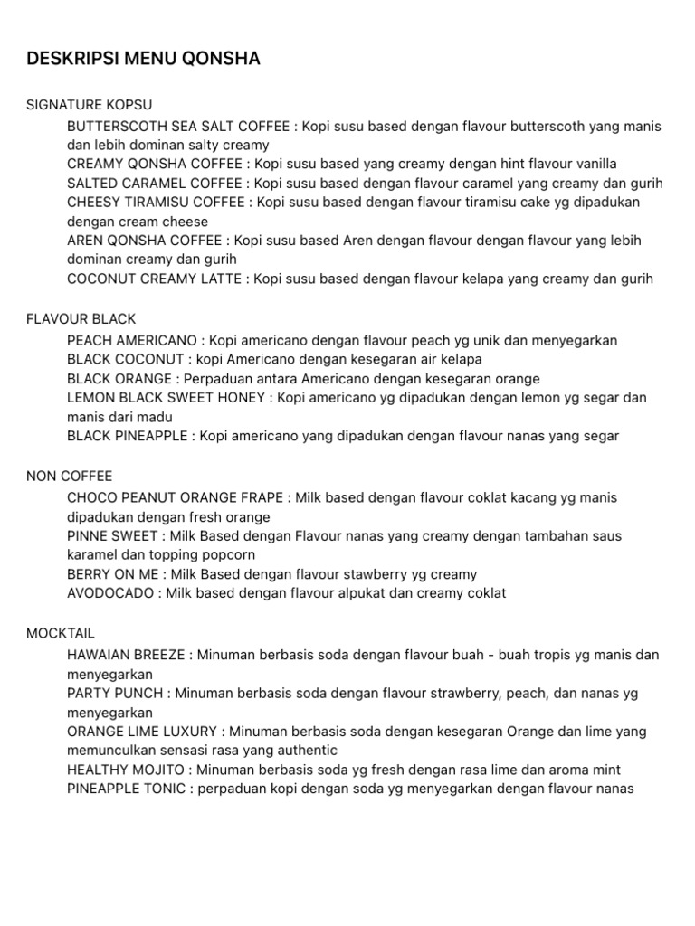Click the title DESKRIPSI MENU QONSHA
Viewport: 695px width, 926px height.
[143, 60]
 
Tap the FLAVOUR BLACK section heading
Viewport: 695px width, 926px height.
[81, 319]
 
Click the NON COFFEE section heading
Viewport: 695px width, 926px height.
[70, 477]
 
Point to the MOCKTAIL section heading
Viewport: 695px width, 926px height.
[61, 633]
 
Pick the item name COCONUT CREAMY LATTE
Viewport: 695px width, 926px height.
[154, 279]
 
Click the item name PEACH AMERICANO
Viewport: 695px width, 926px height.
[132, 341]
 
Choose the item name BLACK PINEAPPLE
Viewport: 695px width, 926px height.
[128, 437]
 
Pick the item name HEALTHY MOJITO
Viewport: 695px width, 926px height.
[126, 770]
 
